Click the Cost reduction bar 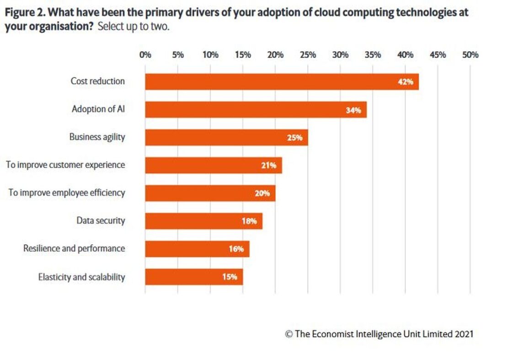282,81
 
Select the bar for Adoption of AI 256,109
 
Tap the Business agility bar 226,137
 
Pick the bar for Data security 204,220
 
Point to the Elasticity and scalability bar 194,277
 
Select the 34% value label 353,110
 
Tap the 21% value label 269,165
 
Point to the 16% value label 236,249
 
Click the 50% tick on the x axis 470,55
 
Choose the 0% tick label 145,55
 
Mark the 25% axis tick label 308,55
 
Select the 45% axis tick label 438,55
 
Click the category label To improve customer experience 65,165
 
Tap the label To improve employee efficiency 67,193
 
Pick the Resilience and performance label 74,248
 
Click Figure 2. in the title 23,12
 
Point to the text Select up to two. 133,26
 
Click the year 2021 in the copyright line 464,333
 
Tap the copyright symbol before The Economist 289,334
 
